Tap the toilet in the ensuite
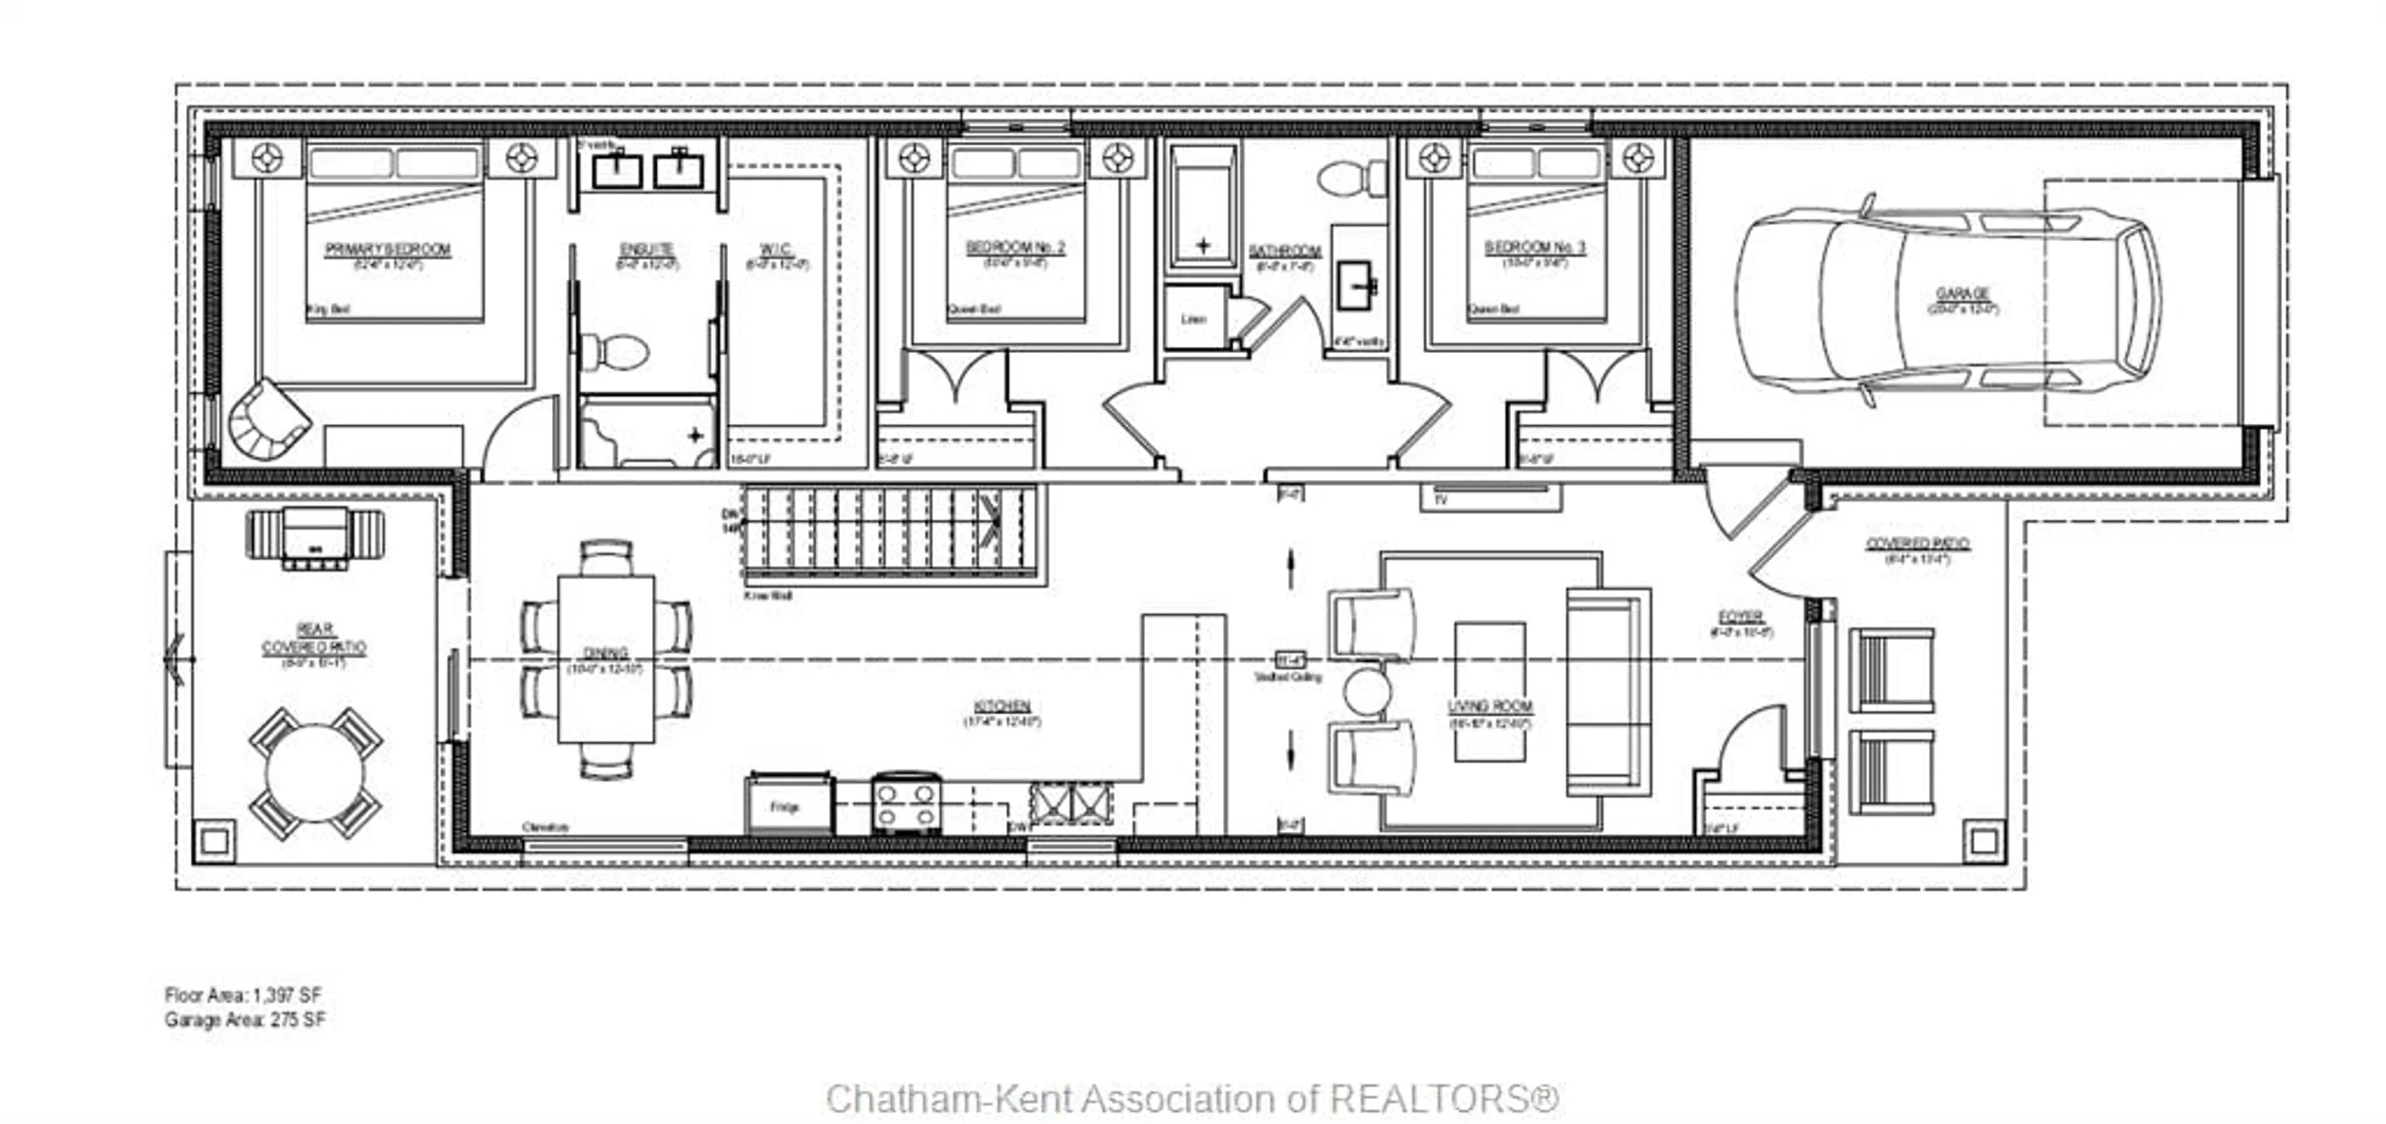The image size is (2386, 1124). (615, 352)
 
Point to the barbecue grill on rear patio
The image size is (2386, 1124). (315, 538)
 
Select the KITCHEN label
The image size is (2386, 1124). (1002, 706)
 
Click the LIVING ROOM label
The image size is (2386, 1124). (1489, 706)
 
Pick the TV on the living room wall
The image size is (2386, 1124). (1491, 497)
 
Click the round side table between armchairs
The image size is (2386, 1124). (1367, 690)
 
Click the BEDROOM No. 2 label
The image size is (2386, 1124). (1015, 247)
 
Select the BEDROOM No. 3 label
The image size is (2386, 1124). (1535, 247)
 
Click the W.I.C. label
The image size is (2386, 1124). (776, 249)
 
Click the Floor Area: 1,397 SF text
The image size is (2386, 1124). (243, 995)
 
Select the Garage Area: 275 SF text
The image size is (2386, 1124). (245, 1020)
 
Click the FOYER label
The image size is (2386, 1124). (1740, 616)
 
